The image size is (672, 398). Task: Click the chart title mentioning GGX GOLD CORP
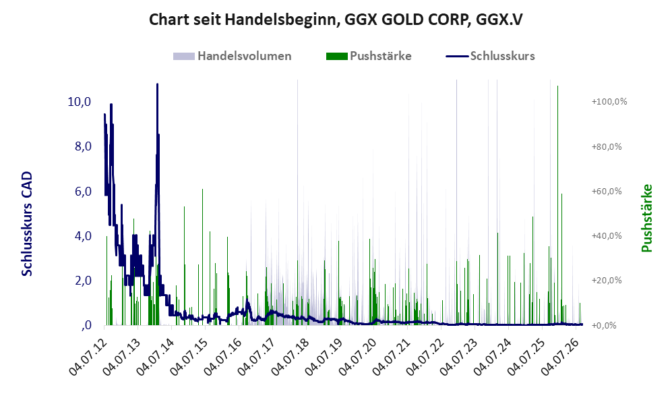point(336,20)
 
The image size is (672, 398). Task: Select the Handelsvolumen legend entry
point(233,56)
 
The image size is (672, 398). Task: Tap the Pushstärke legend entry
point(369,56)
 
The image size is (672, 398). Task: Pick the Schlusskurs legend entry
point(490,56)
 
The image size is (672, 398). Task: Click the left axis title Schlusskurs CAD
point(26,224)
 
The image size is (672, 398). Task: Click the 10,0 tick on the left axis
point(80,102)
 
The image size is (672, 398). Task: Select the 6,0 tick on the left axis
point(83,192)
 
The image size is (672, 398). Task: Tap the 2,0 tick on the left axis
point(83,281)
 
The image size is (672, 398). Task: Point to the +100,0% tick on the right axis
point(609,102)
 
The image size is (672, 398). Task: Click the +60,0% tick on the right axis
point(607,192)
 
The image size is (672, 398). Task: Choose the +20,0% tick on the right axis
point(607,281)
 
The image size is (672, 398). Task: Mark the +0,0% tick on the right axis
point(605,326)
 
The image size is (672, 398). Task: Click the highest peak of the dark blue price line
point(157,84)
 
